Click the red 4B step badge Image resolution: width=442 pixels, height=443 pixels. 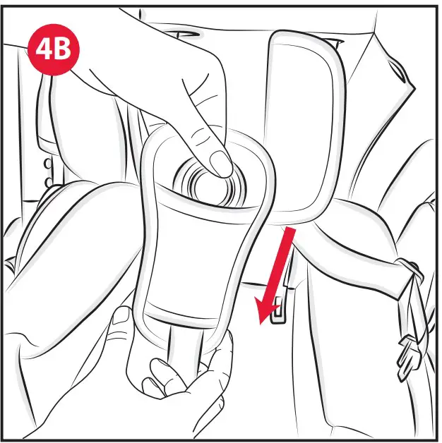pyautogui.click(x=53, y=51)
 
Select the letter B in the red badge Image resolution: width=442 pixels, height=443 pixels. pyautogui.click(x=64, y=51)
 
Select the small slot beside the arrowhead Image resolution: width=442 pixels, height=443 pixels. pyautogui.click(x=280, y=306)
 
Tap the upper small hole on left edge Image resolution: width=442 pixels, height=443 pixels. pyautogui.click(x=47, y=163)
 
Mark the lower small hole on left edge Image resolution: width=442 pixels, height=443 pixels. pyautogui.click(x=47, y=183)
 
